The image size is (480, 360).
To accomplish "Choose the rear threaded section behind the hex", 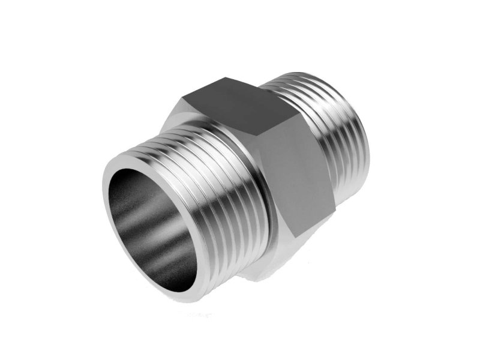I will click(342, 144).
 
